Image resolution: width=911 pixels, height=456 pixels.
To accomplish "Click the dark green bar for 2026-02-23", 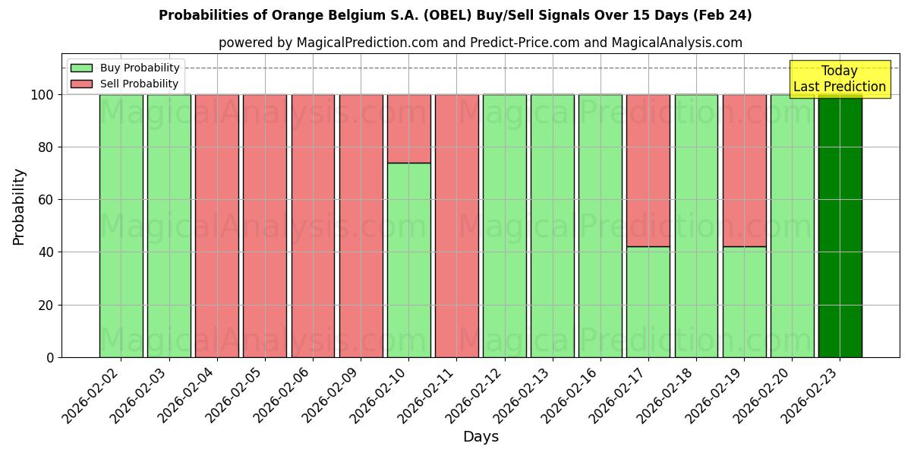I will click(x=840, y=228).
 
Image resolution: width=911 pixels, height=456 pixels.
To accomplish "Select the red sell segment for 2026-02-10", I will click(x=408, y=128).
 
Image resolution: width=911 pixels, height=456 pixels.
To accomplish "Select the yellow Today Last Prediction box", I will click(x=839, y=79).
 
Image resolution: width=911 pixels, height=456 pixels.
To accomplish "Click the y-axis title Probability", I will click(x=19, y=207).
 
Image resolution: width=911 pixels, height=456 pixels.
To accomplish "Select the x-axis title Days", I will click(x=481, y=437).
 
